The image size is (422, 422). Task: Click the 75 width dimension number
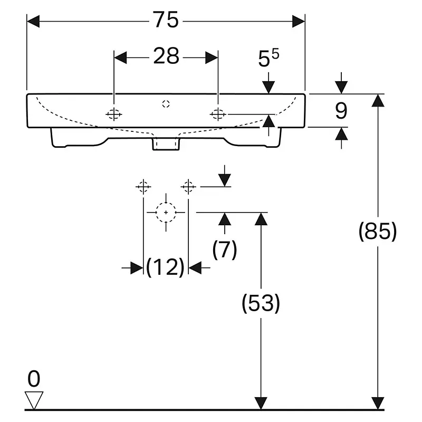coord(166,20)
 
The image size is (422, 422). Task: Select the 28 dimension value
coord(166,56)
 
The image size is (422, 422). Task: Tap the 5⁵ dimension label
coord(268,57)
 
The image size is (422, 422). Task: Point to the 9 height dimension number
coord(341,111)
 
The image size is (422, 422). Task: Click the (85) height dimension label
coord(378,231)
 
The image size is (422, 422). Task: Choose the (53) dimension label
coord(261,303)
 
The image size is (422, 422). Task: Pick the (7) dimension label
coord(225,250)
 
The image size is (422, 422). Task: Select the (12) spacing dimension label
coord(165,267)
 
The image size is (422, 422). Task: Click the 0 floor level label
coord(34,378)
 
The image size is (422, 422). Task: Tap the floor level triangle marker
coord(34,400)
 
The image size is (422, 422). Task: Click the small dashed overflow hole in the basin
coord(166,104)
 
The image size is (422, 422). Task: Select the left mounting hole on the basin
coord(114,114)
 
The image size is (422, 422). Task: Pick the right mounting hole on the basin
coord(218,114)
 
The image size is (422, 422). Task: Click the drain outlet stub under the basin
coord(166,144)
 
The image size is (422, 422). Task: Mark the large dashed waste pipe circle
coord(166,213)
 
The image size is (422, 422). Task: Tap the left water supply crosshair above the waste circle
coord(143,186)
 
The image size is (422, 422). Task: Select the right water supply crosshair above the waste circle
coord(188,186)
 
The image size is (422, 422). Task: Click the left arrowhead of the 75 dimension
coord(33,21)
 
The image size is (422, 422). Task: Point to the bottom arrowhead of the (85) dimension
coord(378,403)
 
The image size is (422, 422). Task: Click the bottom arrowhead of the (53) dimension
coord(261,403)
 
